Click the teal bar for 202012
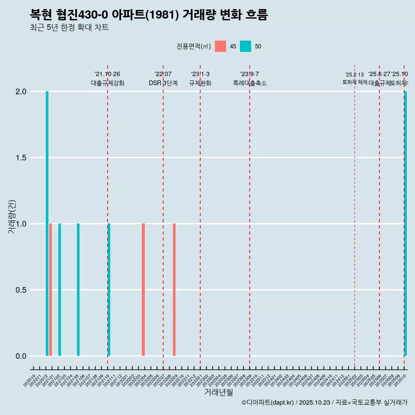point(47,223)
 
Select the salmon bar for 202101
point(51,290)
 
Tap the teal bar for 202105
point(78,290)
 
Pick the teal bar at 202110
point(109,290)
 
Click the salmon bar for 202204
point(143,290)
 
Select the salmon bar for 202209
point(174,290)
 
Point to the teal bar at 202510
point(405,223)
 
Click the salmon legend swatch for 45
point(220,46)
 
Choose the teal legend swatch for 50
point(246,46)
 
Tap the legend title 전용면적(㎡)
point(194,47)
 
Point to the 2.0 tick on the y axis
point(21,92)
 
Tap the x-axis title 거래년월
point(218,392)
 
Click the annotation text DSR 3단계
point(163,83)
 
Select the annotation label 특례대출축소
point(249,83)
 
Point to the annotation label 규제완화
point(200,83)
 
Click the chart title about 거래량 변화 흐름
point(149,15)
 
